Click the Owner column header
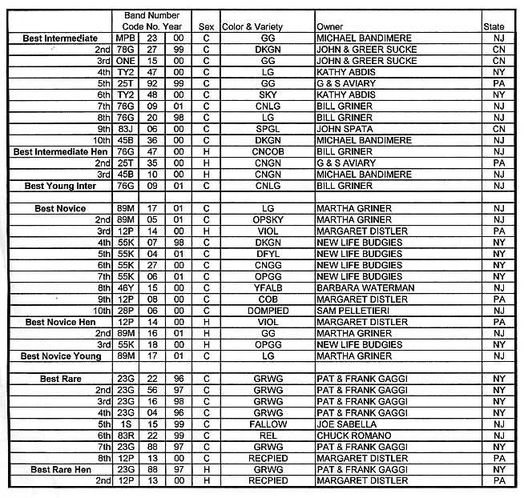click(x=330, y=27)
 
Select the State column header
click(x=494, y=27)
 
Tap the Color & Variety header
click(x=255, y=27)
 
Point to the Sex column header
click(x=206, y=27)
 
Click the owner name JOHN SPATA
click(x=345, y=128)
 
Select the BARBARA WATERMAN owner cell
click(x=365, y=287)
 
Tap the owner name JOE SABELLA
click(x=348, y=424)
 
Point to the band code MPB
click(x=125, y=38)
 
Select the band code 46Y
click(x=125, y=287)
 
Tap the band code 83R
click(x=125, y=435)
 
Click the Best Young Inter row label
click(x=60, y=186)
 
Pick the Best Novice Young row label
click(x=61, y=355)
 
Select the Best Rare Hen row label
click(x=62, y=469)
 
